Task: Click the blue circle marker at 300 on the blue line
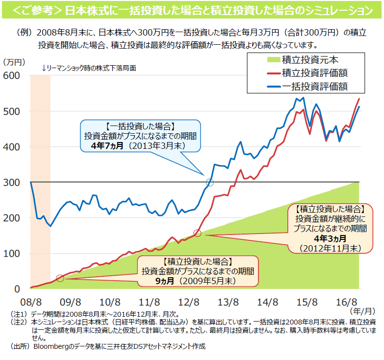(209, 182)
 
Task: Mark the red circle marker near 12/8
(197, 233)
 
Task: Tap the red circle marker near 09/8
(60, 278)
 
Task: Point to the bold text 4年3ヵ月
(331, 238)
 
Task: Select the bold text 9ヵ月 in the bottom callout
(165, 281)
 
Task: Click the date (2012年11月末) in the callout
(331, 248)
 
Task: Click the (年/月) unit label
(362, 309)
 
